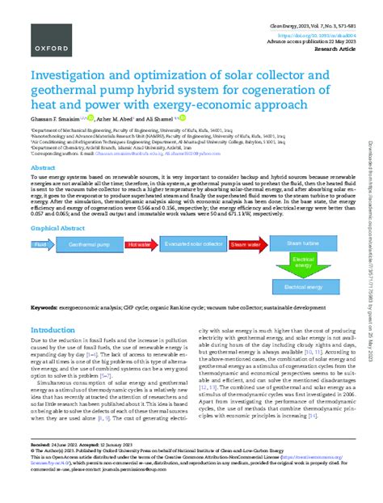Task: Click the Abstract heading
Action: click(x=44, y=167)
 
